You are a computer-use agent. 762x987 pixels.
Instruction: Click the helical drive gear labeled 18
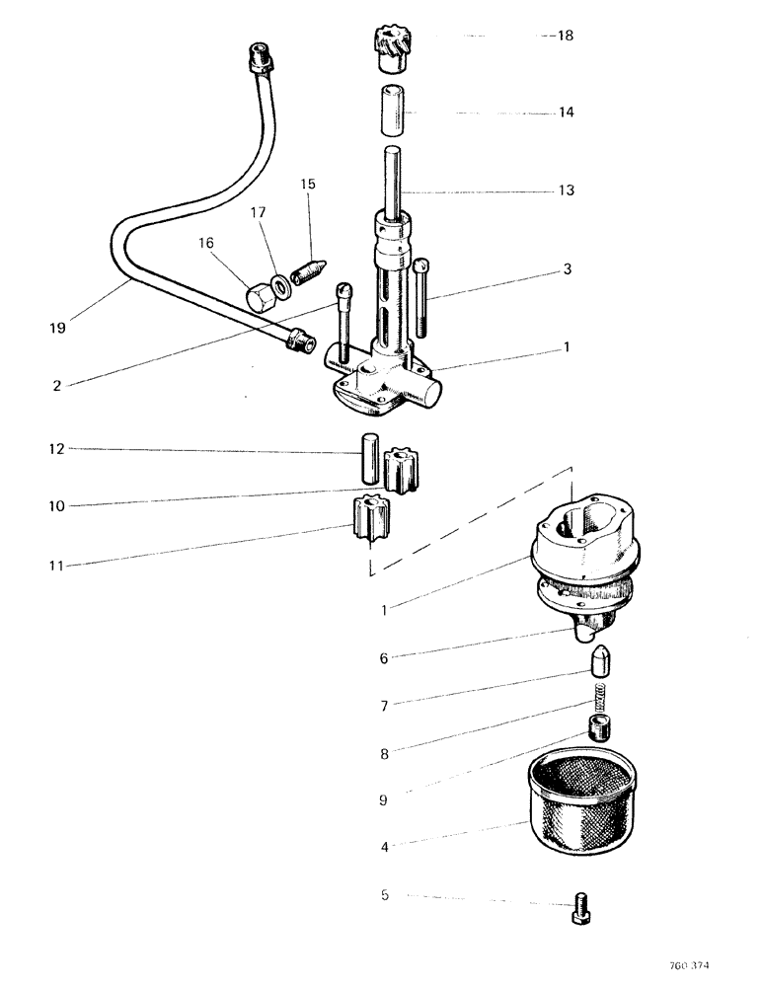click(396, 49)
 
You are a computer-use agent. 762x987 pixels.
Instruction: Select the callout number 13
click(567, 190)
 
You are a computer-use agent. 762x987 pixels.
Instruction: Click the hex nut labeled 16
click(261, 295)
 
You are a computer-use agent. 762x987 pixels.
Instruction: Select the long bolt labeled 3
click(423, 297)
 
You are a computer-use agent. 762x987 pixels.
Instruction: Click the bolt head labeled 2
click(343, 291)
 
